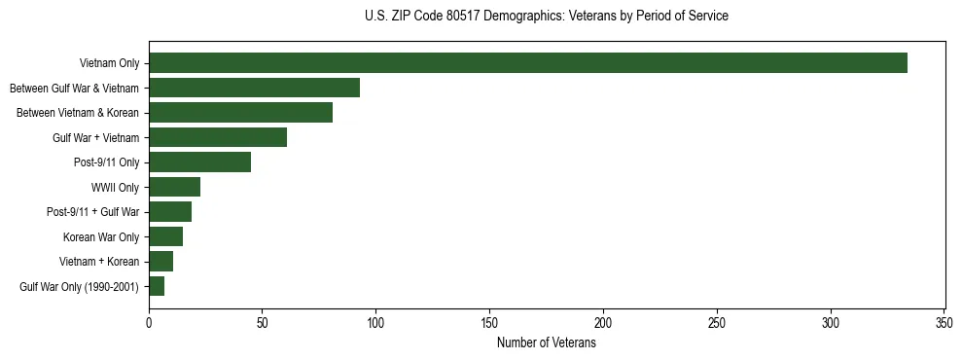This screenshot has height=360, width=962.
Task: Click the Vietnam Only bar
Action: click(528, 63)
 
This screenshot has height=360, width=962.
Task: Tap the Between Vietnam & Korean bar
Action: click(240, 113)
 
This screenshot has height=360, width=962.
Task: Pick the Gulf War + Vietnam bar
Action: click(218, 137)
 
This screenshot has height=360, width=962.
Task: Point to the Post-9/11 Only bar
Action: click(199, 162)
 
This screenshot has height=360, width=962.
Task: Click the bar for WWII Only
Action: click(174, 187)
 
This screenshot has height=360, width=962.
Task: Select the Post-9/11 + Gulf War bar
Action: click(170, 212)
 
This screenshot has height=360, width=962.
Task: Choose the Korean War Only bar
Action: click(165, 236)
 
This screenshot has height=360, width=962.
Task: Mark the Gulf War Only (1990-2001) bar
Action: click(157, 286)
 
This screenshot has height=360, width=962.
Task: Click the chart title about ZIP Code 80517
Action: click(546, 16)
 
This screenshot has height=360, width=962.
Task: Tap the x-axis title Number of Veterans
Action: click(546, 342)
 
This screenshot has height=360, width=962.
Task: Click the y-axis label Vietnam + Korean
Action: click(100, 262)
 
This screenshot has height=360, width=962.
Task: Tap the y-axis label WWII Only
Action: click(115, 187)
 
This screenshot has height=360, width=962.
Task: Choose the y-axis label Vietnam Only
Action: click(109, 63)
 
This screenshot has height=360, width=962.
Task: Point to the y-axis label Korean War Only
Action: click(101, 236)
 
